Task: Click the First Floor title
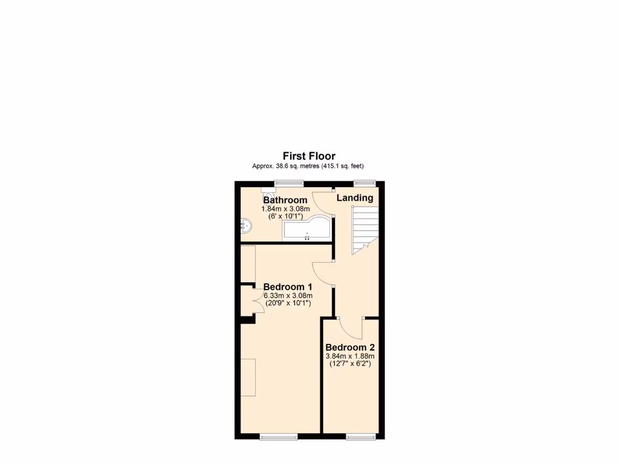click(309, 156)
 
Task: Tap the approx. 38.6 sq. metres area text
click(309, 166)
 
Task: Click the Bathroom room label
click(285, 200)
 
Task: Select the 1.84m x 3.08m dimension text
click(285, 208)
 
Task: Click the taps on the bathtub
click(308, 237)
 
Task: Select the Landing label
click(355, 198)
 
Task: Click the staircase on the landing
click(365, 226)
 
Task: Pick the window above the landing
click(364, 182)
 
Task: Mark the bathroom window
click(288, 182)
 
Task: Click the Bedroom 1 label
click(288, 286)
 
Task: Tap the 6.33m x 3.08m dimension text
click(288, 295)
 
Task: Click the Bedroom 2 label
click(350, 347)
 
